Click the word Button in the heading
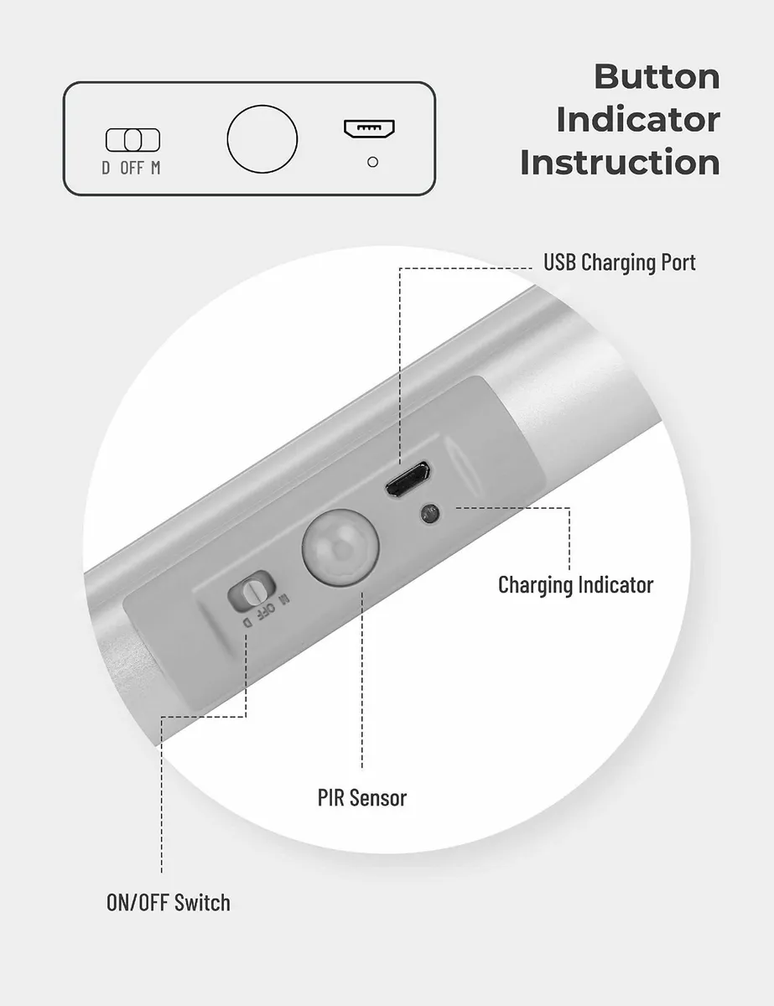pos(657,77)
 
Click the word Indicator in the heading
pos(638,120)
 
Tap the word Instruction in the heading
pos(621,163)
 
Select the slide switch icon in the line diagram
pos(132,140)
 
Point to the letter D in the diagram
pos(106,168)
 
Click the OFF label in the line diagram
pos(132,168)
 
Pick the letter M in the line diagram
pos(155,168)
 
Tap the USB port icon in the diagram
pos(369,129)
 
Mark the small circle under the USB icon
pos(372,162)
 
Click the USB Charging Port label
pos(620,262)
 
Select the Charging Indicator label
pos(575,584)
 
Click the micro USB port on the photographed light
pos(408,480)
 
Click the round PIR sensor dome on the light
pos(340,547)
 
